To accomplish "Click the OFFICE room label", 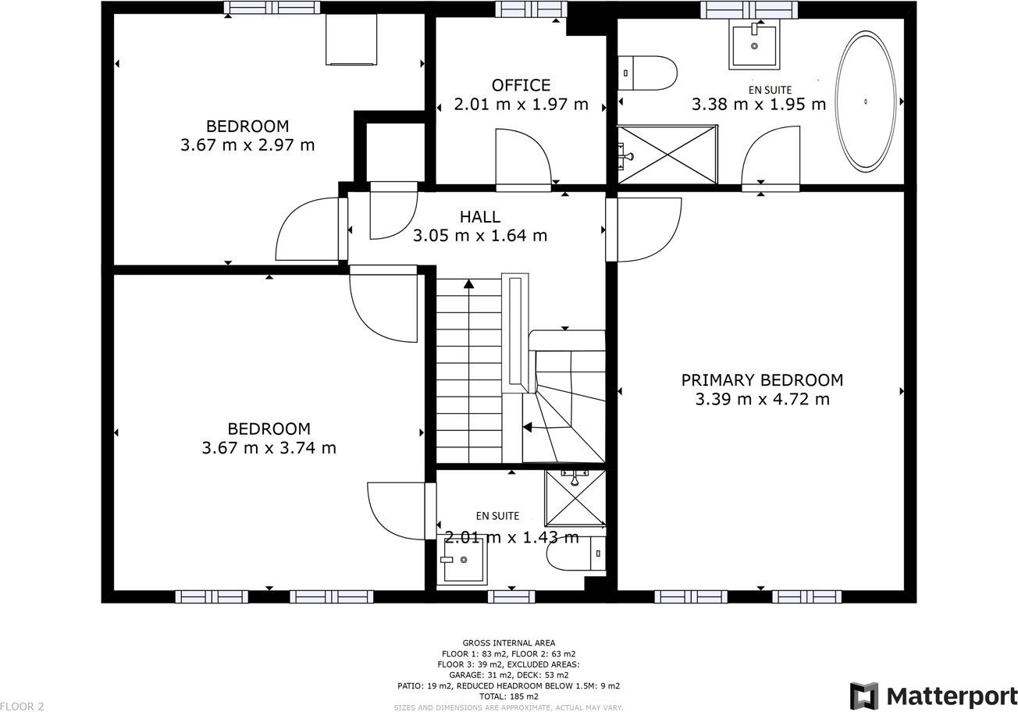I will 521,85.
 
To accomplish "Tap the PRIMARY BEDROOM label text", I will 762,380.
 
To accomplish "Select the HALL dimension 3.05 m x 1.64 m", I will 479,236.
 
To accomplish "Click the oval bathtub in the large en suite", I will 865,101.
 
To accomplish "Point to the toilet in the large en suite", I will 647,73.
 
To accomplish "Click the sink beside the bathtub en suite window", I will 754,44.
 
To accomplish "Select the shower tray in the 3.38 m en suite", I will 667,155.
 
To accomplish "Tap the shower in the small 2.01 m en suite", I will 575,497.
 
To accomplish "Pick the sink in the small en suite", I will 463,559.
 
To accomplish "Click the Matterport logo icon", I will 863,696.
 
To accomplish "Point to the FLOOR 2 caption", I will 23,707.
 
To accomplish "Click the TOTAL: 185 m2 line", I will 508,696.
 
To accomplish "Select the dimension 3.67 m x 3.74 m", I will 269,448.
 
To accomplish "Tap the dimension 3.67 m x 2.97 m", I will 247,144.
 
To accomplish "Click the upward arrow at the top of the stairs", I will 468,284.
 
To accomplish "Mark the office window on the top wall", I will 531,9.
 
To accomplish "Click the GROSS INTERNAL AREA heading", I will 508,643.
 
